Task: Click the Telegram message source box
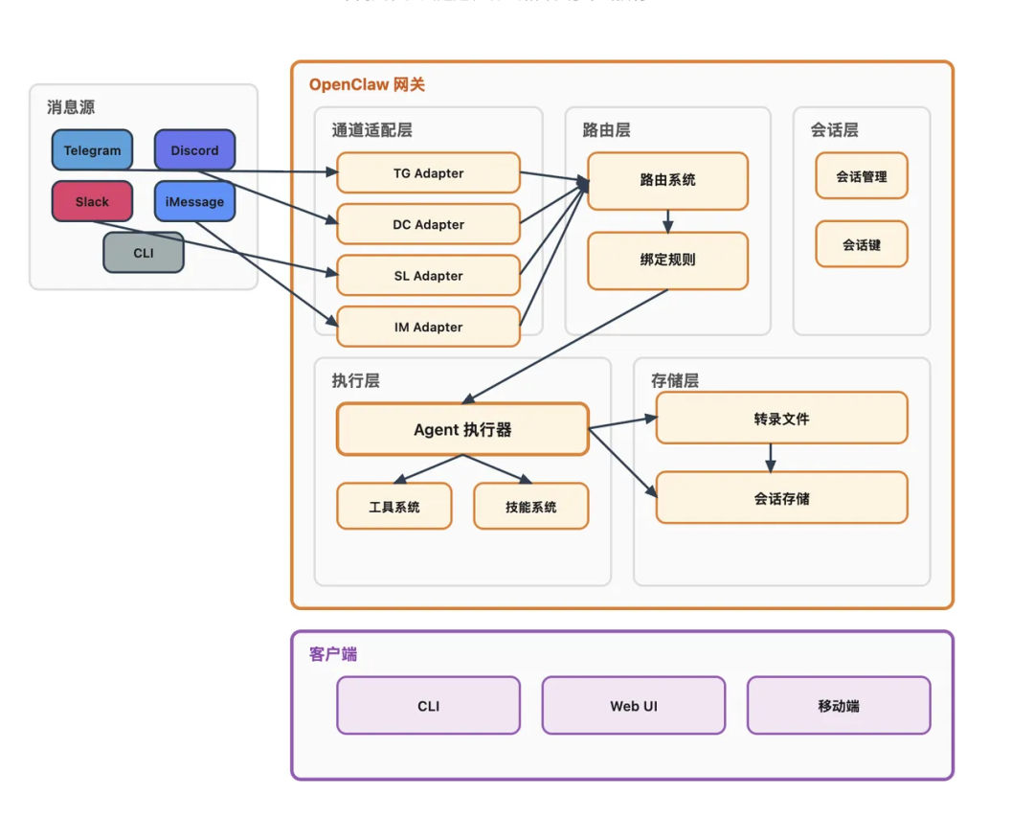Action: tap(92, 150)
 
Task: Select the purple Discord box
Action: tap(194, 150)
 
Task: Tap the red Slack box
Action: tap(92, 201)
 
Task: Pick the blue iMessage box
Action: tap(194, 201)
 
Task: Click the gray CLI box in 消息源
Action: tap(143, 253)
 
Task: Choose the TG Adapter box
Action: tap(428, 173)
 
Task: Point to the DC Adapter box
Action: tap(428, 224)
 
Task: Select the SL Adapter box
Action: tap(428, 276)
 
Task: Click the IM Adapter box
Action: tap(428, 327)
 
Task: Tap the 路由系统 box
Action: tap(667, 180)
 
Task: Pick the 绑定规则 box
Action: tap(667, 260)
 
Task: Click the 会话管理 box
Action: tap(861, 176)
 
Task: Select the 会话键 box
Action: tap(861, 244)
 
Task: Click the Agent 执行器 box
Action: tap(462, 429)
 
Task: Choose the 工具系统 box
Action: tap(393, 507)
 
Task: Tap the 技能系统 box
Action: tap(530, 507)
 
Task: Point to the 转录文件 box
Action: tap(781, 419)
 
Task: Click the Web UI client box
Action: tap(634, 706)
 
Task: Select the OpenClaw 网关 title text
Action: tap(367, 84)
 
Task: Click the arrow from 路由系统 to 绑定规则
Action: tap(667, 220)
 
